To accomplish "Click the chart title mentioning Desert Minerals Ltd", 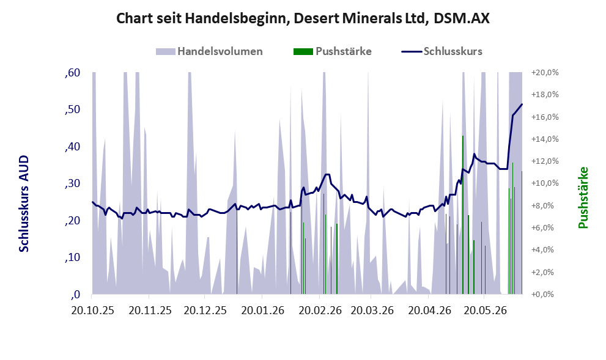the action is pos(303,18).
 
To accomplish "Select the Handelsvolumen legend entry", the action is pos(209,51).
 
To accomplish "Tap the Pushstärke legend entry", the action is pos(333,51).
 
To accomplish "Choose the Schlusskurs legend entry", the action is pos(442,51).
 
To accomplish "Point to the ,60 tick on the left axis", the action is pos(73,73).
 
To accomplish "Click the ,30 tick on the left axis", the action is pos(73,183).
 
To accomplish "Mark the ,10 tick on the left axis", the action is pos(73,257).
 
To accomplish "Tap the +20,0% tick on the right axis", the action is pos(545,73).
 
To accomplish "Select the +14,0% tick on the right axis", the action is pos(545,139).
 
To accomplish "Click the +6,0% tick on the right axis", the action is pos(545,227).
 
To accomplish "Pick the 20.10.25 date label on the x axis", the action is pos(93,310).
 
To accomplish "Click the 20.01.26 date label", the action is pos(263,310).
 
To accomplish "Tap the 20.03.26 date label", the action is pos(372,310).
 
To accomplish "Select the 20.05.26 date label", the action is pos(486,310).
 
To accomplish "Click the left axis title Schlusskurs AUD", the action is pos(24,204).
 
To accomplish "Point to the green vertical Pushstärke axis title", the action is pos(583,197).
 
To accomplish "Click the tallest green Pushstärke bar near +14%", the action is pos(463,215).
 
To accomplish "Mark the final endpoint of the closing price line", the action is pos(522,104).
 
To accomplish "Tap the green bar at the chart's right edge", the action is pos(522,232).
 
